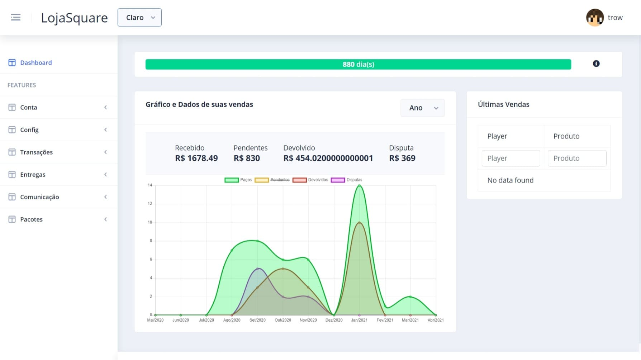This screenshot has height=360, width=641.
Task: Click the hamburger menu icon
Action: (16, 17)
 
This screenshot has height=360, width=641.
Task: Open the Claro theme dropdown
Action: (139, 18)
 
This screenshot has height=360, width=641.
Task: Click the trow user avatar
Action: (595, 18)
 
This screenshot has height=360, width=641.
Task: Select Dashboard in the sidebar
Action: (36, 63)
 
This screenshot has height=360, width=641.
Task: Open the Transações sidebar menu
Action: (36, 152)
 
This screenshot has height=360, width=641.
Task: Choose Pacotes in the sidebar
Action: (31, 219)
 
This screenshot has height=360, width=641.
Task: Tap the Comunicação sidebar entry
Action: (39, 197)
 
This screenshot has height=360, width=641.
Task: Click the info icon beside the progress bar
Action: (596, 63)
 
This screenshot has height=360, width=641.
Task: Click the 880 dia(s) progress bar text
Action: (359, 65)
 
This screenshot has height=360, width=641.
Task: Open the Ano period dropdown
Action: (422, 108)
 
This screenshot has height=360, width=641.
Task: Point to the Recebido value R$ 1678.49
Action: (196, 158)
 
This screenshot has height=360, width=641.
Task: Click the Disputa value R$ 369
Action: (402, 158)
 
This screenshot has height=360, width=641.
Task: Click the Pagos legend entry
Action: (238, 180)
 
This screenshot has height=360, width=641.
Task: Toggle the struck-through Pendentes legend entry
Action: (272, 180)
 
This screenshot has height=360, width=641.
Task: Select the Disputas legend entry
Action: (347, 180)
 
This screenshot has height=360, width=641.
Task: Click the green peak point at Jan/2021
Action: (359, 185)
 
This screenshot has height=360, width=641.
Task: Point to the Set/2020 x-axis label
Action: (257, 320)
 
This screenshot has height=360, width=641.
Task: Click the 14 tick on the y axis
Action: (150, 185)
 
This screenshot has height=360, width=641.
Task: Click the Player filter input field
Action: (511, 158)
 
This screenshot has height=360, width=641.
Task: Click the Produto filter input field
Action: (577, 158)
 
